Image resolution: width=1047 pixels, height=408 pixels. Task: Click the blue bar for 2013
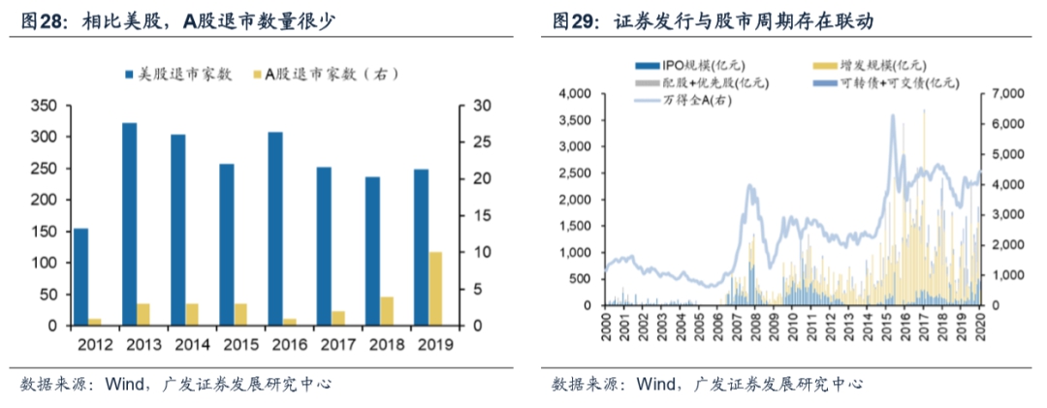pyautogui.click(x=129, y=224)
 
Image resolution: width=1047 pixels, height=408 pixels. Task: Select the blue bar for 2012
pyautogui.click(x=80, y=277)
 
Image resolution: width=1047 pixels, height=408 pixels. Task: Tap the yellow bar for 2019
pyautogui.click(x=434, y=289)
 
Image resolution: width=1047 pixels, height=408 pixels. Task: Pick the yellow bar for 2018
pyautogui.click(x=387, y=311)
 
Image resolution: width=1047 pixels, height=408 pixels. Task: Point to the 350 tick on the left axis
pyautogui.click(x=46, y=106)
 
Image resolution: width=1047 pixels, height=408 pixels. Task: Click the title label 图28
pyautogui.click(x=41, y=19)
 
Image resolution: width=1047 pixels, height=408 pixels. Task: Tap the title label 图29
pyautogui.click(x=574, y=19)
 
